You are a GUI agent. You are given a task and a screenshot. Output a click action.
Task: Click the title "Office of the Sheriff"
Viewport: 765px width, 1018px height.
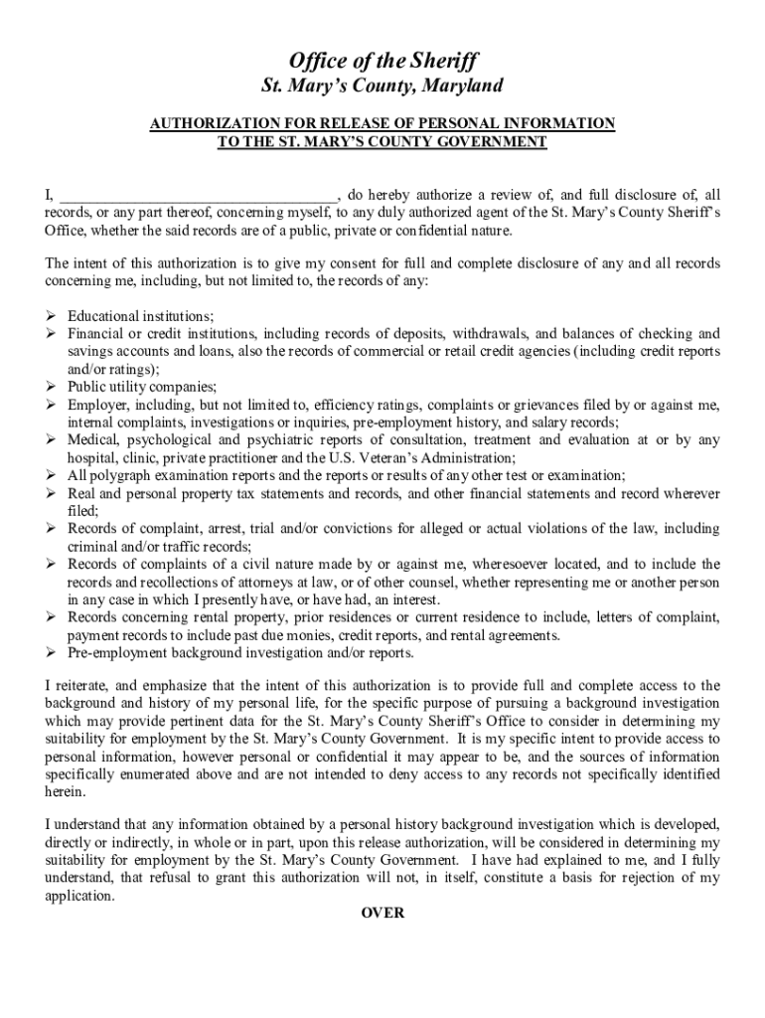point(382,62)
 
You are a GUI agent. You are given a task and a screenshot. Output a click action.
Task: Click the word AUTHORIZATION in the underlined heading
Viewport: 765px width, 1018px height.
point(204,123)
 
